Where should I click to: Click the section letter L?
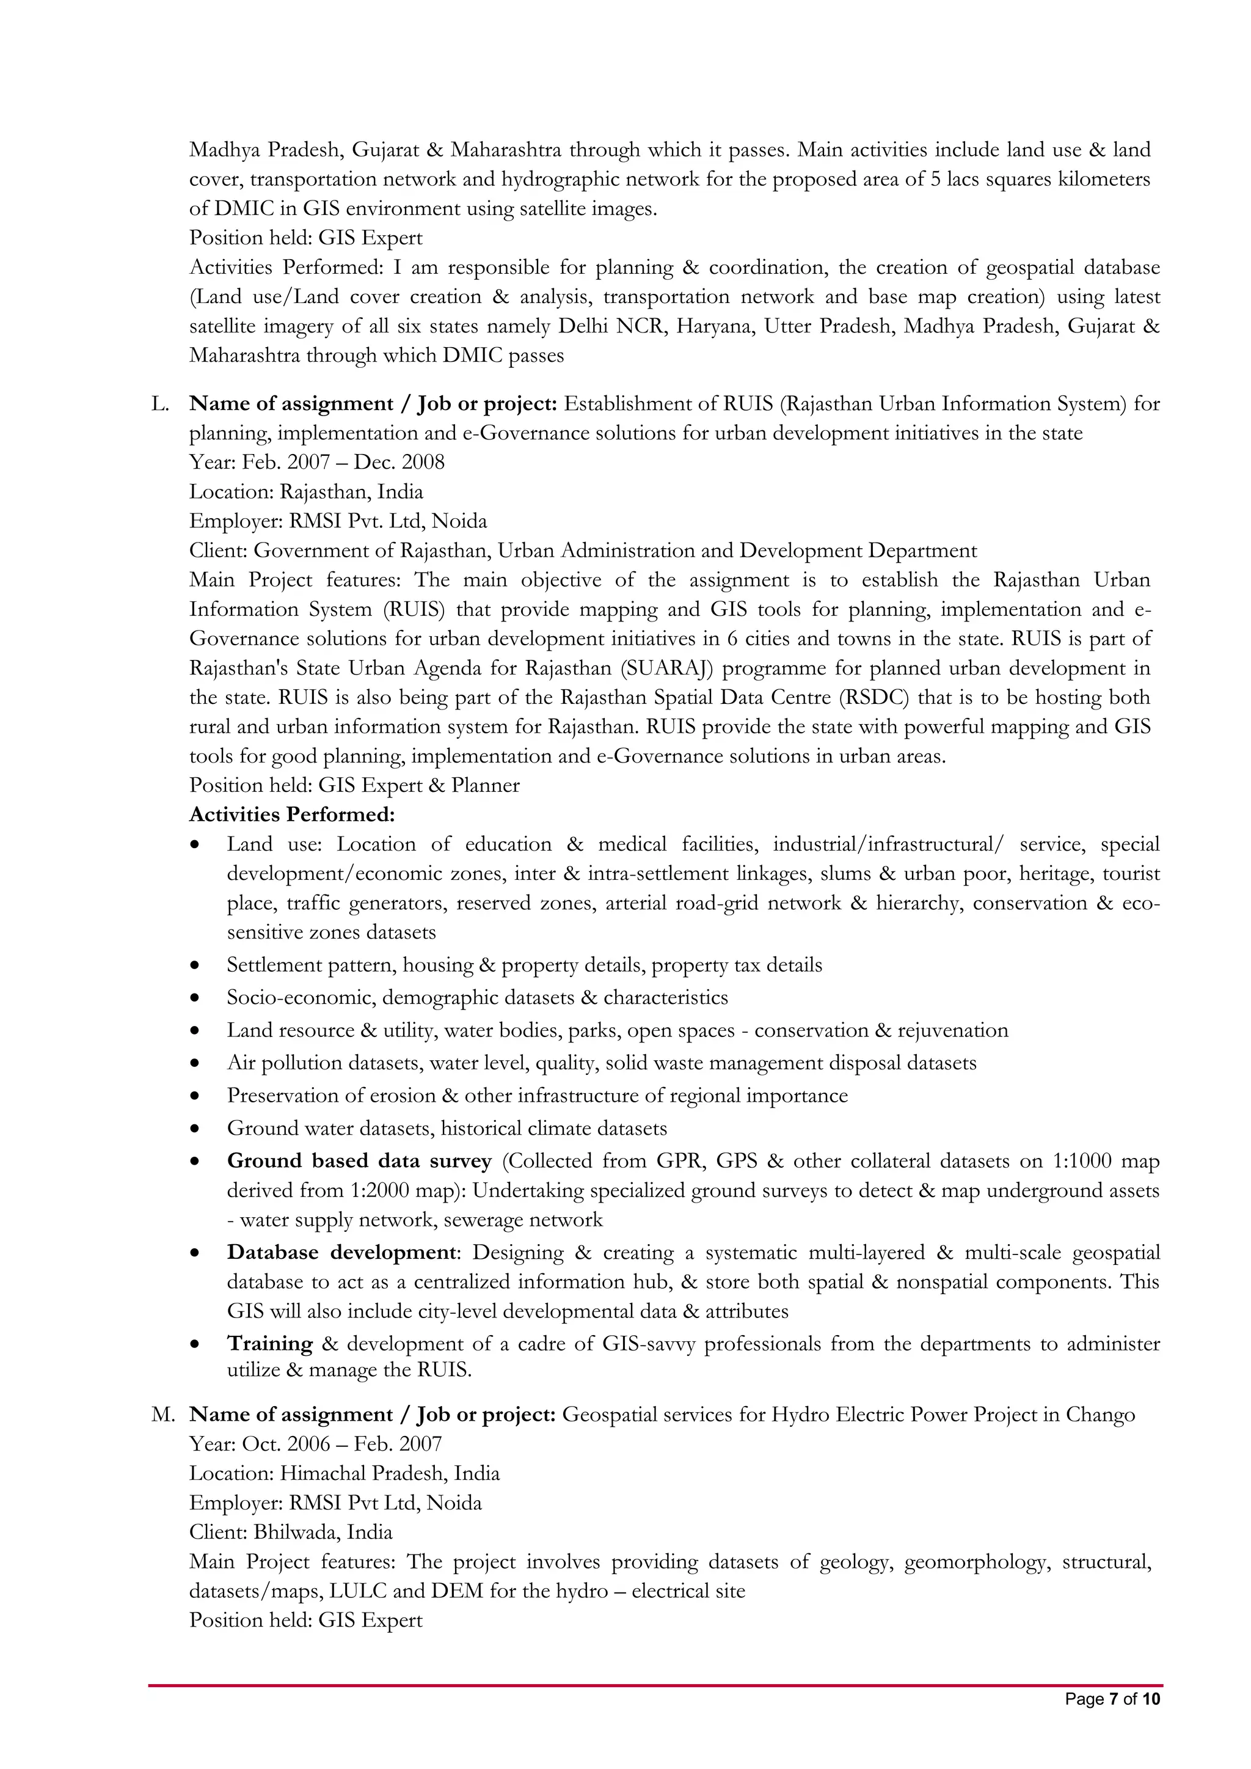[159, 404]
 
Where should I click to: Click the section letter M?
[162, 1415]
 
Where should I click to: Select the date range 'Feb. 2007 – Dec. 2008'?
[343, 463]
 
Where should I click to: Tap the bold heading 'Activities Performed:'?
[292, 815]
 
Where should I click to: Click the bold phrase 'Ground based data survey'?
[359, 1161]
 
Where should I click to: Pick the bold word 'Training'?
[269, 1344]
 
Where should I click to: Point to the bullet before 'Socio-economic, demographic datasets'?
[198, 998]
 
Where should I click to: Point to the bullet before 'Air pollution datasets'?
[198, 1064]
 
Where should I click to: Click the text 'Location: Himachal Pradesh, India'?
[345, 1473]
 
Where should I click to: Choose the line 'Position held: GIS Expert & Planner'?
[354, 785]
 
